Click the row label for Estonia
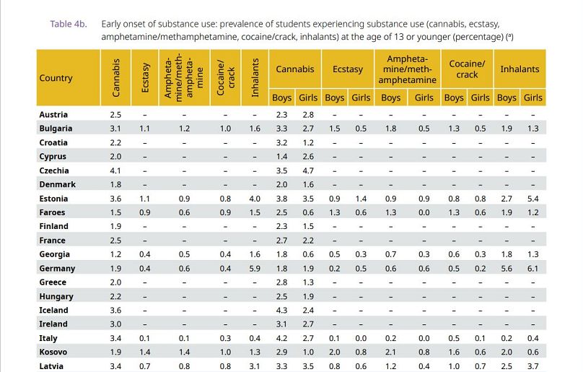pos(53,199)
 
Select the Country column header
pos(56,78)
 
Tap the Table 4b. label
pos(68,24)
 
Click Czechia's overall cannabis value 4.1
pos(115,170)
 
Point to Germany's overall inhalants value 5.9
pos(255,268)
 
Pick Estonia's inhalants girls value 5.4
pos(533,199)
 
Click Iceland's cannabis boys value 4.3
pos(282,310)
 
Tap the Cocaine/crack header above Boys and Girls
pos(467,69)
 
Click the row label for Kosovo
pos(53,352)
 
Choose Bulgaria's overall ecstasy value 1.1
pos(145,129)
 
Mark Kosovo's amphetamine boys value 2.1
pos(390,352)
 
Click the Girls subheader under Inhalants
pos(533,98)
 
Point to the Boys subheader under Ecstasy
pos(335,98)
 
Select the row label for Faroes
pos(52,212)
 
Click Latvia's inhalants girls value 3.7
pos(533,366)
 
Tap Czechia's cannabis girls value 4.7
pos(308,170)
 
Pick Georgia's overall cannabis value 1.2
pos(115,254)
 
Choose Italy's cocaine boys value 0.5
pos(454,338)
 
